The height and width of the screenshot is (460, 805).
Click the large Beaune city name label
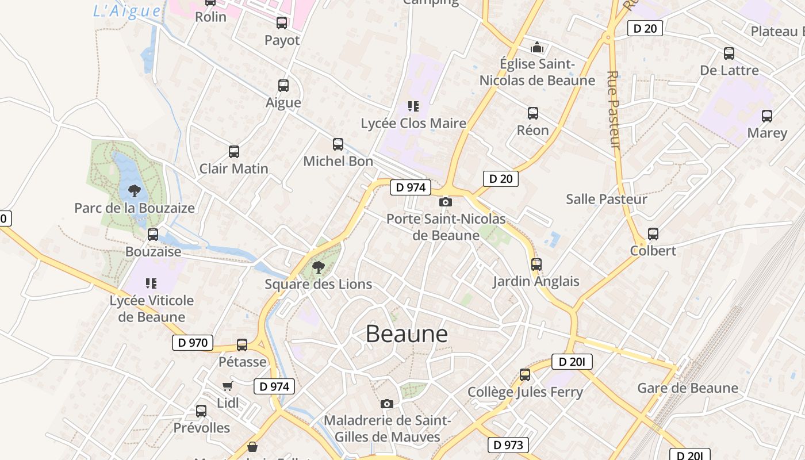click(x=407, y=334)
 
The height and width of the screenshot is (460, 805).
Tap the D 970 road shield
click(x=193, y=343)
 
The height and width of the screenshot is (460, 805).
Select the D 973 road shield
click(x=508, y=444)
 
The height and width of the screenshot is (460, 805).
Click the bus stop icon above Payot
click(x=282, y=23)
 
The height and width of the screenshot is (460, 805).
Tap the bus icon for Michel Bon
click(x=338, y=144)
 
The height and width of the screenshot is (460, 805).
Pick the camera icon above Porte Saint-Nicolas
click(x=445, y=202)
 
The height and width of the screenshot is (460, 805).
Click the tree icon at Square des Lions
click(x=318, y=267)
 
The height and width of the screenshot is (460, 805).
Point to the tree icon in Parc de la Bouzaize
click(x=134, y=190)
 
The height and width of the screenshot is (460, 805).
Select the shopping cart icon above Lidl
click(x=228, y=386)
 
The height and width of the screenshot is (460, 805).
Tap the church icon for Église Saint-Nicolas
click(x=537, y=47)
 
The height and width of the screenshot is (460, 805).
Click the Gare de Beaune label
click(x=688, y=388)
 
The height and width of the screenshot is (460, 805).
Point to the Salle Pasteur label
click(x=607, y=199)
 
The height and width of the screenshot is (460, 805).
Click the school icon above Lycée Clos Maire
click(x=413, y=106)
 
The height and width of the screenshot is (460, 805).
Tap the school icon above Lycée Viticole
click(x=151, y=283)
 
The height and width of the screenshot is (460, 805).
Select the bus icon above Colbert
click(x=653, y=234)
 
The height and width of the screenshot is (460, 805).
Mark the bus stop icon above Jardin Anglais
click(x=536, y=264)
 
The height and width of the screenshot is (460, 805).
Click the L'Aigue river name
click(x=127, y=10)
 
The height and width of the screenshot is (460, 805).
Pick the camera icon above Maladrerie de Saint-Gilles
click(x=387, y=404)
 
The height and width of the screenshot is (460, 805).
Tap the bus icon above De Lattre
click(x=729, y=53)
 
